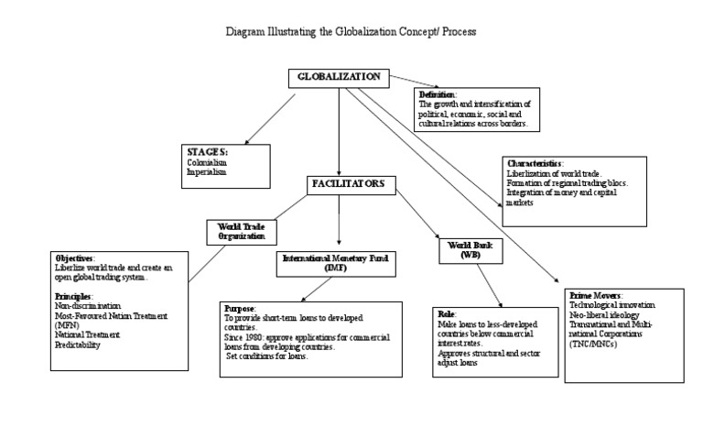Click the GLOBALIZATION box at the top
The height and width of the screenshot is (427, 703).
click(338, 77)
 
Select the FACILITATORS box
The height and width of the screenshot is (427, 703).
click(351, 184)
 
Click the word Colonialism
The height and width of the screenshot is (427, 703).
click(207, 162)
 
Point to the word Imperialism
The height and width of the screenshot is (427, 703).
click(206, 171)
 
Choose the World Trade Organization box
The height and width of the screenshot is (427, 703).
click(241, 230)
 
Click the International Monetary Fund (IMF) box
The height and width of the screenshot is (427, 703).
click(334, 263)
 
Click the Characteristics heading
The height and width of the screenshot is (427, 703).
click(535, 163)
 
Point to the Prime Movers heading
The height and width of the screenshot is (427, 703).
click(595, 297)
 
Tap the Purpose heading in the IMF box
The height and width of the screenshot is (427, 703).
click(240, 309)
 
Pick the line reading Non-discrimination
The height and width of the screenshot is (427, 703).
click(88, 306)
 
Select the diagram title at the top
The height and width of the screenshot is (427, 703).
click(351, 31)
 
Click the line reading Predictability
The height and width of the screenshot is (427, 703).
click(78, 345)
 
